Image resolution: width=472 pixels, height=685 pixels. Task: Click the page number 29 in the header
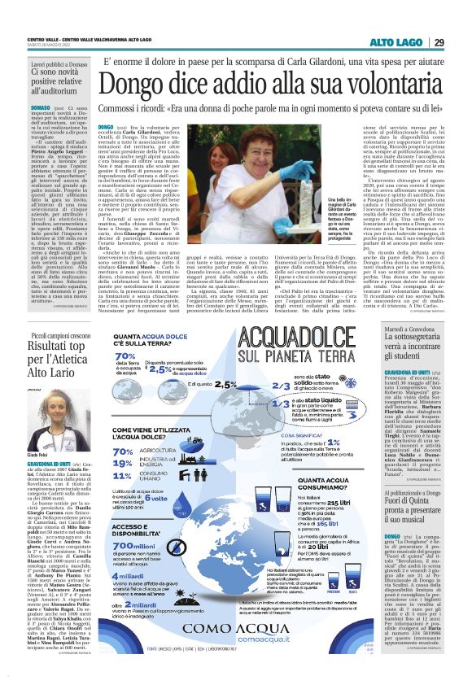[x=439, y=42]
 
